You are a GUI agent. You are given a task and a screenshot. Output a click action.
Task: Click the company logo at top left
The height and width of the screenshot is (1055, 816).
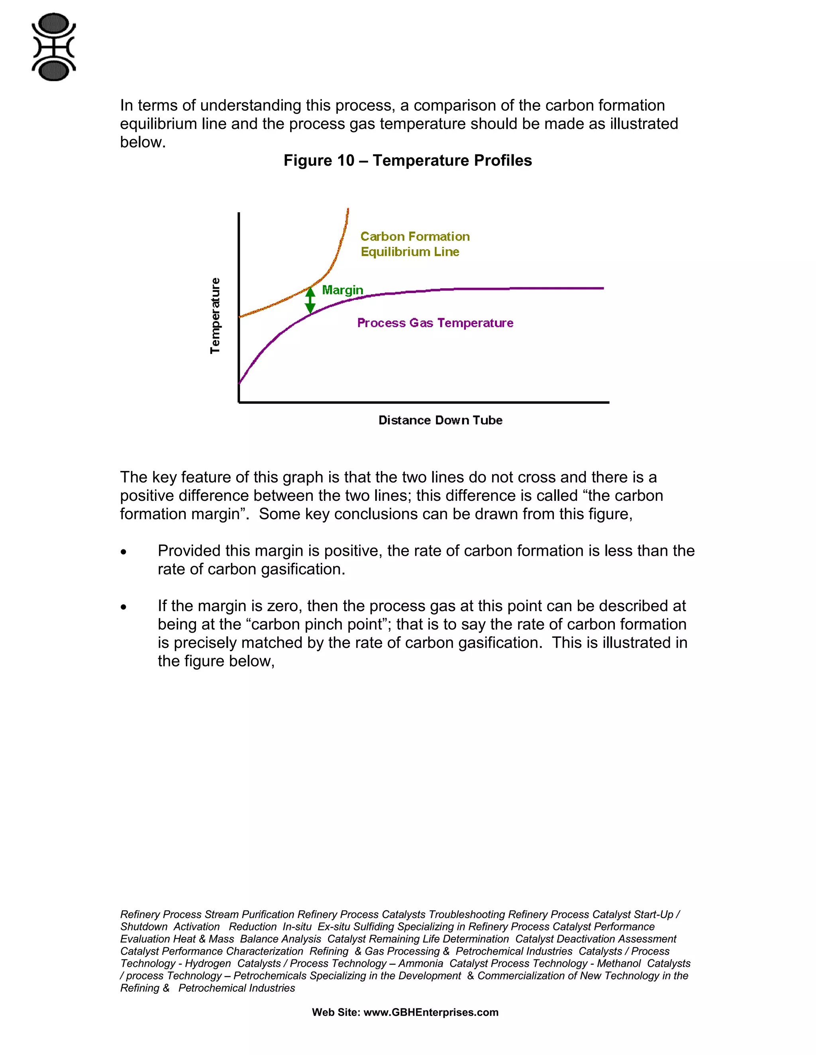coord(54,47)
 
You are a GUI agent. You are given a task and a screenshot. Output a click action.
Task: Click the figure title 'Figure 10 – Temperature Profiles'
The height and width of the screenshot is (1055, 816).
coord(408,160)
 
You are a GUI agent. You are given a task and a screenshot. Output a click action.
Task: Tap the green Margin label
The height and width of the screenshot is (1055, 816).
coord(342,290)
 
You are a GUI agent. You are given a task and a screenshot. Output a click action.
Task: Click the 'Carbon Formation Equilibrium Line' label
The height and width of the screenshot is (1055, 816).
coord(414,244)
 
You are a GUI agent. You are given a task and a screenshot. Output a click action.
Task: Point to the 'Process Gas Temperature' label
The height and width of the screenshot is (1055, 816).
coord(435,323)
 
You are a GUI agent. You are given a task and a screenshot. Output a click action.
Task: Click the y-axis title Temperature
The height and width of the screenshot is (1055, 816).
coord(215,315)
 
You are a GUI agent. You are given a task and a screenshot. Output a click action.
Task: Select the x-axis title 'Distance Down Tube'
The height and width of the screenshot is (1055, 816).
coord(440,420)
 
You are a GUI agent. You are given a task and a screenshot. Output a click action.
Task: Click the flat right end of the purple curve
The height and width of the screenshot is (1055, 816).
coord(599,288)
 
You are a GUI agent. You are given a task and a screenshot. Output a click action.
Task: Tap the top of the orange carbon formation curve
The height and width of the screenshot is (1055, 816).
coord(347,211)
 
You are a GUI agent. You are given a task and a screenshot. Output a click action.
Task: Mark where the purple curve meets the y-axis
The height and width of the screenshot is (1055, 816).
coord(240,383)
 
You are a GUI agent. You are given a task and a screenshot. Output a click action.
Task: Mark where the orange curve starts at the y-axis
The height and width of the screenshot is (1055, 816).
coord(240,316)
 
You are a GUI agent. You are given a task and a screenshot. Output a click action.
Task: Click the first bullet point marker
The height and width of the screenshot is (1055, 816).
coord(124,552)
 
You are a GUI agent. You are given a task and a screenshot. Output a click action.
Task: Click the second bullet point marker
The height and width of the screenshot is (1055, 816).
coord(124,607)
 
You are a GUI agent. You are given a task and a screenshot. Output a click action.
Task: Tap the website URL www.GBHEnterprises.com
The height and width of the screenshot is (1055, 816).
coord(431,1012)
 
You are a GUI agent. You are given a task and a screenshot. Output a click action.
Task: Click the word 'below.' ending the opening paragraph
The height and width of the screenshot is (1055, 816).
coord(143,143)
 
